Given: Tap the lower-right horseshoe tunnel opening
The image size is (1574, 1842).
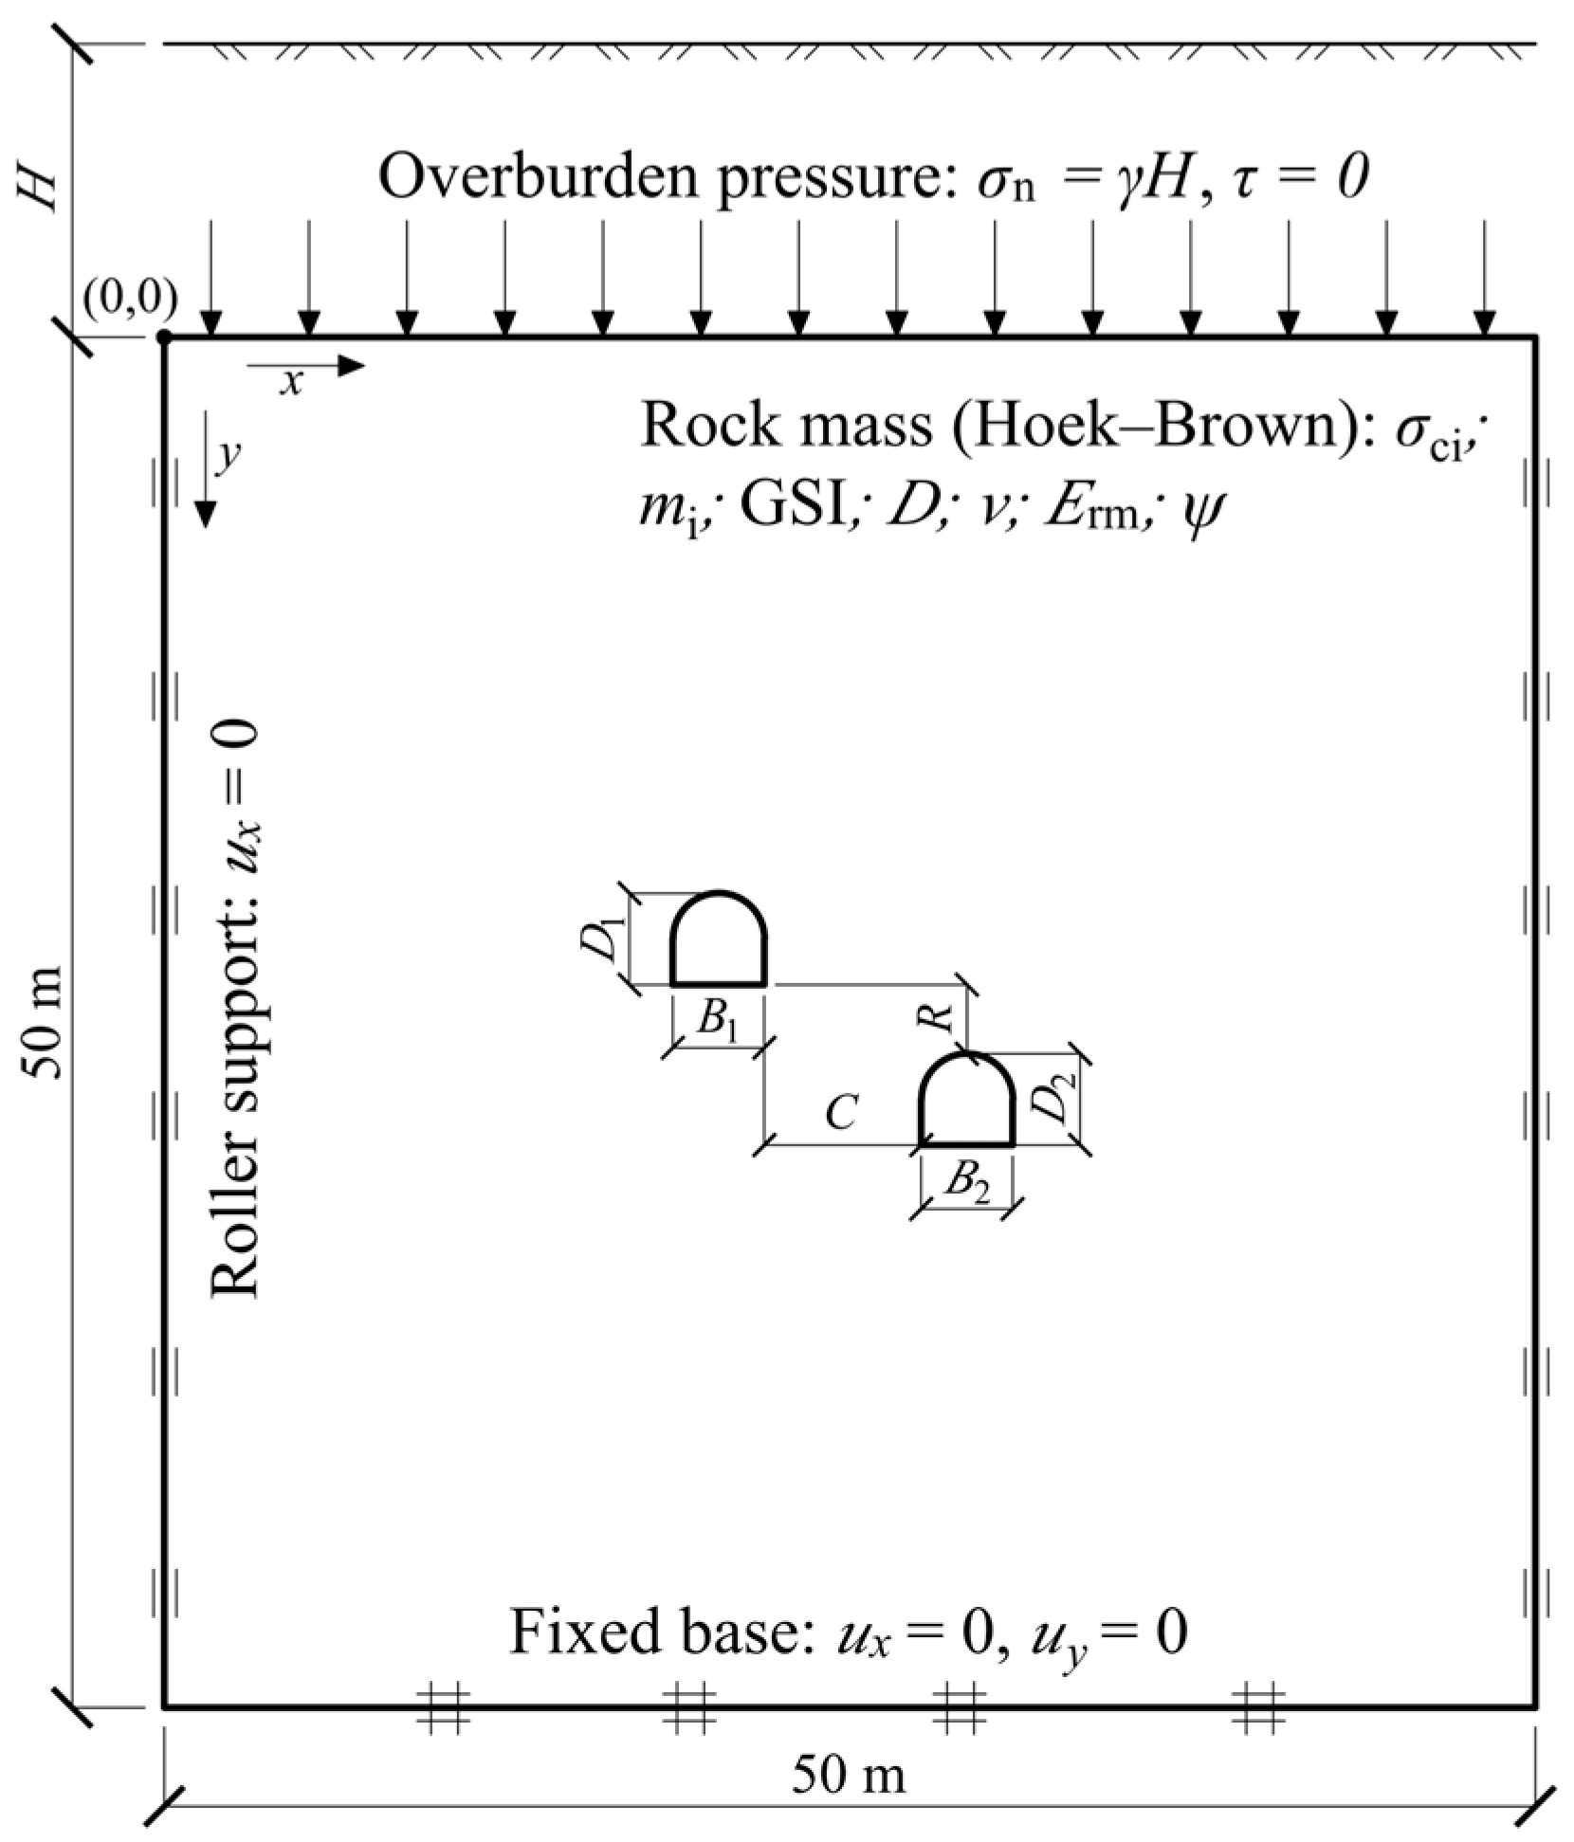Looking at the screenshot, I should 968,1103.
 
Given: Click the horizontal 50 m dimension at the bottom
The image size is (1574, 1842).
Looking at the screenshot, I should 849,1775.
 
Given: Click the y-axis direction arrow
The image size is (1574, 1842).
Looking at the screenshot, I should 205,484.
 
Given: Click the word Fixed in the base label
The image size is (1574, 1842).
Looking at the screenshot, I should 569,1632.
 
